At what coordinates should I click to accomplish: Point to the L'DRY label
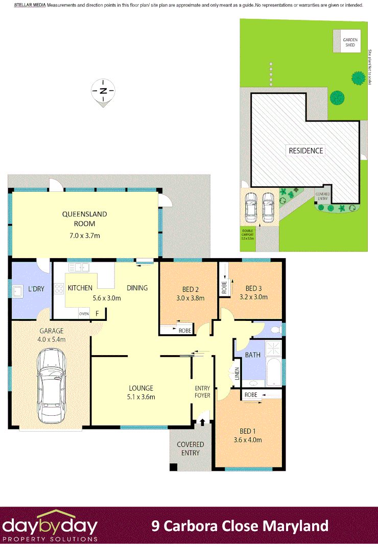(36, 289)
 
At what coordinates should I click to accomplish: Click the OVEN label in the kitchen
(84, 314)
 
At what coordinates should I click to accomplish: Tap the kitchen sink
(79, 267)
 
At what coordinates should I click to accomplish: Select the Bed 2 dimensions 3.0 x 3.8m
(190, 298)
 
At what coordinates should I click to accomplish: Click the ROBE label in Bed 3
(224, 288)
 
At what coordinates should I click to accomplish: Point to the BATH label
(253, 355)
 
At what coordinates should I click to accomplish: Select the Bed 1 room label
(247, 431)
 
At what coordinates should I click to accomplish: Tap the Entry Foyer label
(202, 392)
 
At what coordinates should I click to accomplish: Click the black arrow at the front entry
(203, 421)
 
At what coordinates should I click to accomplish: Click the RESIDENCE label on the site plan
(305, 151)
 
